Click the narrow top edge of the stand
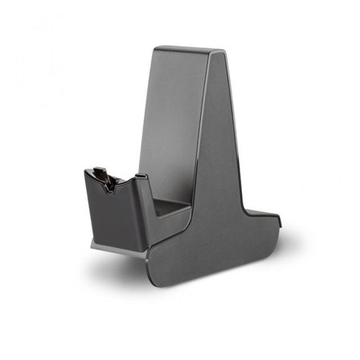point(185,51)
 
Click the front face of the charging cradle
point(121,213)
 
